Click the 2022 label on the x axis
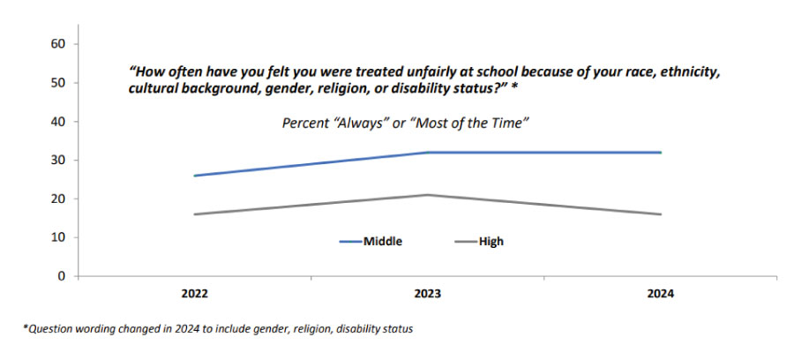click(x=195, y=295)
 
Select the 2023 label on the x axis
click(x=428, y=295)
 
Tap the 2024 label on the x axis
click(x=660, y=295)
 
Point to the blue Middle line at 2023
click(x=428, y=153)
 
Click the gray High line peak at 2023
click(x=428, y=195)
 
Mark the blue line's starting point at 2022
click(x=195, y=176)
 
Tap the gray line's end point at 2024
click(x=661, y=214)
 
